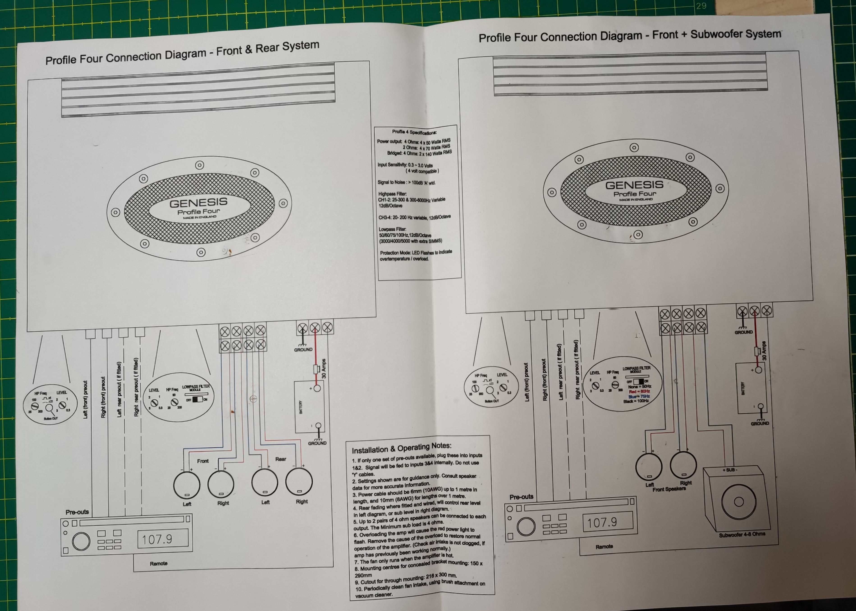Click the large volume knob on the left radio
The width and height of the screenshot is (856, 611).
point(81,541)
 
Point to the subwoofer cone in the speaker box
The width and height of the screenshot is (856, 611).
point(738,502)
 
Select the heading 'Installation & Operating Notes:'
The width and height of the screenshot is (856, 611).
point(401,448)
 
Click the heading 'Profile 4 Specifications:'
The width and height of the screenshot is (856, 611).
point(414,132)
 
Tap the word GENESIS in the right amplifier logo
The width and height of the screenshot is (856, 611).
point(634,185)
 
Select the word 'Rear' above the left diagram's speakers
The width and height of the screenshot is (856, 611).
point(280,459)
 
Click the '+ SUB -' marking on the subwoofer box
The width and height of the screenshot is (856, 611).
point(730,470)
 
